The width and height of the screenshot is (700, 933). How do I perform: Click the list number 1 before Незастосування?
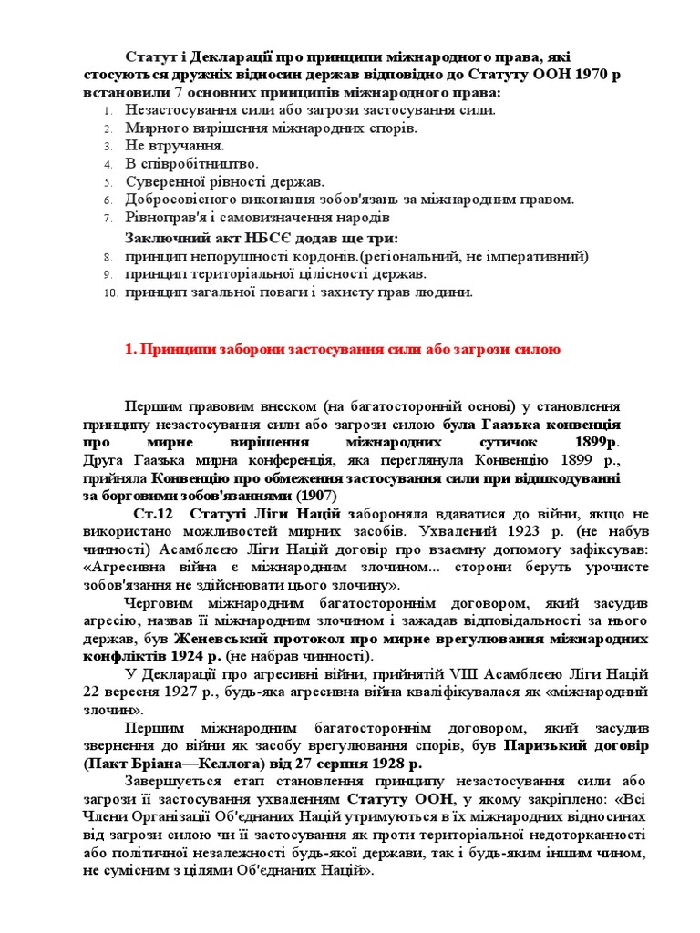click(x=108, y=110)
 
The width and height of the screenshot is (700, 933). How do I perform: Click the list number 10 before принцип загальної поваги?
click(x=110, y=293)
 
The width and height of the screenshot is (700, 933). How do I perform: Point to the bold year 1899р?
click(x=597, y=441)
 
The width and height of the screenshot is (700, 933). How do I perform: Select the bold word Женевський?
click(x=220, y=637)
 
